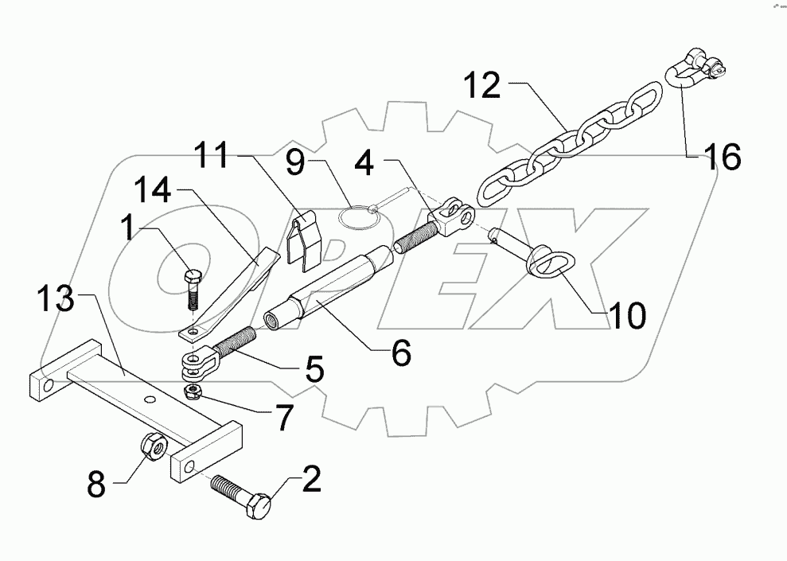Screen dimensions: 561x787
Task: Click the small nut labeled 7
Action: click(x=191, y=391)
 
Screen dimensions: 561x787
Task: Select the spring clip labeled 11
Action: click(x=302, y=238)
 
